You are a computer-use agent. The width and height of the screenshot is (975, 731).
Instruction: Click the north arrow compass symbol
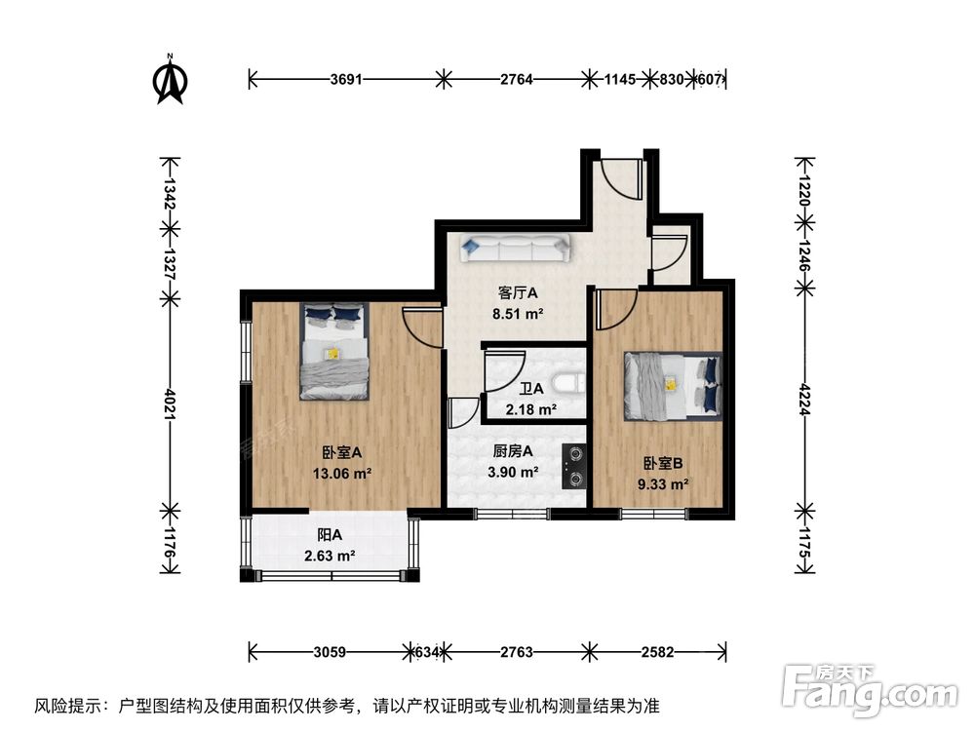click(172, 81)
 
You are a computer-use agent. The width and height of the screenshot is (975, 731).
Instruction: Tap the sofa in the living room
click(516, 250)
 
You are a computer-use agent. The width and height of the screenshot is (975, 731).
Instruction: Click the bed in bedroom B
click(673, 383)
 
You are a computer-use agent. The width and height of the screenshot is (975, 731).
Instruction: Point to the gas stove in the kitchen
click(574, 466)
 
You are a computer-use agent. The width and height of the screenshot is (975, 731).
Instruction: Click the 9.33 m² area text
click(665, 482)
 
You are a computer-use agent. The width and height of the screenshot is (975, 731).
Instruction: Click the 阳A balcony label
click(330, 534)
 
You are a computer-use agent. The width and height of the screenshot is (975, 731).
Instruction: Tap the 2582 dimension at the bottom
click(658, 651)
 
